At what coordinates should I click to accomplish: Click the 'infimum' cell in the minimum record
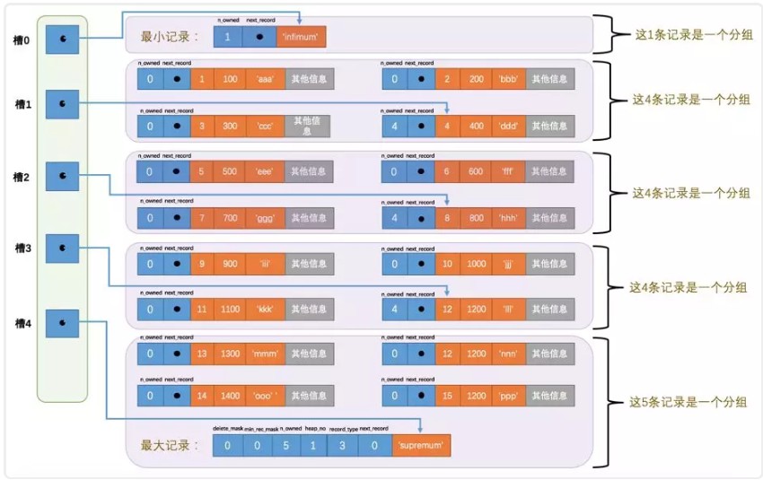302,37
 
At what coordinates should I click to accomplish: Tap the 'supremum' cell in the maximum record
421,444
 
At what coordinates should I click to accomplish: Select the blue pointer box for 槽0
61,39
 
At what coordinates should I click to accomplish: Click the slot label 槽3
22,248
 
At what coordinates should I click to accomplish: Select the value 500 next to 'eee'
230,171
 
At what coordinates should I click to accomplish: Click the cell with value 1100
230,308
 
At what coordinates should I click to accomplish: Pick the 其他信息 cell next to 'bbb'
549,80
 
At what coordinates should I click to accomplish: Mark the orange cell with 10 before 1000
446,263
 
